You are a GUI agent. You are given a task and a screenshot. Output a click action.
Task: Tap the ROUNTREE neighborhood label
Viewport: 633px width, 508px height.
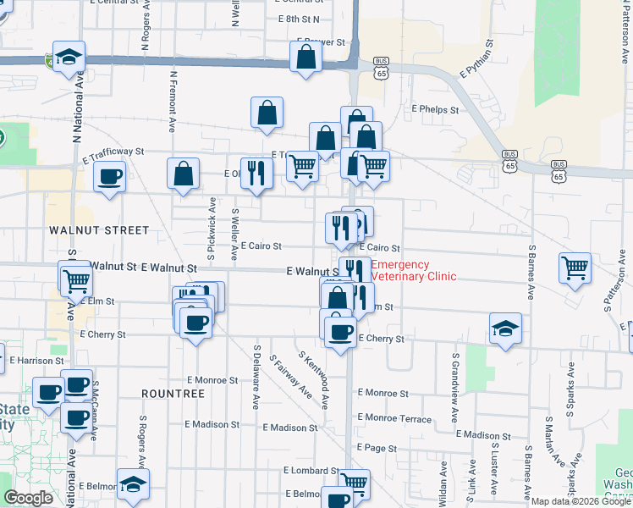tap(173, 394)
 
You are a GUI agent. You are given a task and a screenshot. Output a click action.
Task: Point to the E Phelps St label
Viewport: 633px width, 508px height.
tap(435, 109)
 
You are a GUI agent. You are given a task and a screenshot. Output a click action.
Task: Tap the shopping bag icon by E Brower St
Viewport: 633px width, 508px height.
tap(305, 57)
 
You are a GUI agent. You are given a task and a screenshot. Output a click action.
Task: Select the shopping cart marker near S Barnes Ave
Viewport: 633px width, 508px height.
tap(575, 268)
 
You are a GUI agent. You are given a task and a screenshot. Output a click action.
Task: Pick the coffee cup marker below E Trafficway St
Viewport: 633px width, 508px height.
tap(109, 178)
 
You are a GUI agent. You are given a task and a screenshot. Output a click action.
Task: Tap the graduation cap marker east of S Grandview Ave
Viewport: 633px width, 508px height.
tap(505, 328)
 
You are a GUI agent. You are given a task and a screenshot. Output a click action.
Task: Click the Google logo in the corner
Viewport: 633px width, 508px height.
tap(28, 498)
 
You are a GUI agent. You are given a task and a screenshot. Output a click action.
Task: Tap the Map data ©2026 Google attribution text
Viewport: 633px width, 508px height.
tap(581, 501)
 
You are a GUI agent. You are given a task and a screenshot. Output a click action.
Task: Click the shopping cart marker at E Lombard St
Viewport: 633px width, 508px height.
tap(355, 483)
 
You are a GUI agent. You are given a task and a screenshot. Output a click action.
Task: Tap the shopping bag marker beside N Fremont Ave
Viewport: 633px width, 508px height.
tap(183, 173)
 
